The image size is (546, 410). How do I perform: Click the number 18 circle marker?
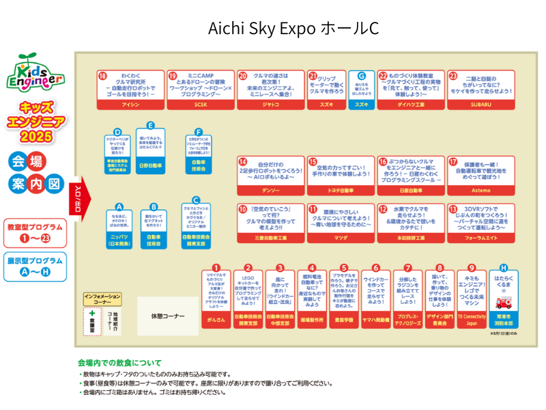[102, 76]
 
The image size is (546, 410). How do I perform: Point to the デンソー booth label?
[271, 191]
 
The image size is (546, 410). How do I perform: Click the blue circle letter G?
[362, 76]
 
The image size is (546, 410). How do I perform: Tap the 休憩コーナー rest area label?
[168, 316]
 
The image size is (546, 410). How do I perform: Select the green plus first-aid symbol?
[91, 313]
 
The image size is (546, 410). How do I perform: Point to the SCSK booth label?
[200, 105]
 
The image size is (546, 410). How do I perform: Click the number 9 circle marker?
[472, 268]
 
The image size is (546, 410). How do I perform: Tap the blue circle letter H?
[504, 268]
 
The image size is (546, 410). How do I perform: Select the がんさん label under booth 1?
[216, 319]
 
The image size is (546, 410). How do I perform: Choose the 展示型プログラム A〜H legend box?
[35, 266]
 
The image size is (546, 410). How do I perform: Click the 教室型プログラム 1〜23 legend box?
[35, 233]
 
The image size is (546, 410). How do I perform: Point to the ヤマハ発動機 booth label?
[376, 319]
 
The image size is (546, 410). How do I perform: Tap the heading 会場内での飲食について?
[119, 363]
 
